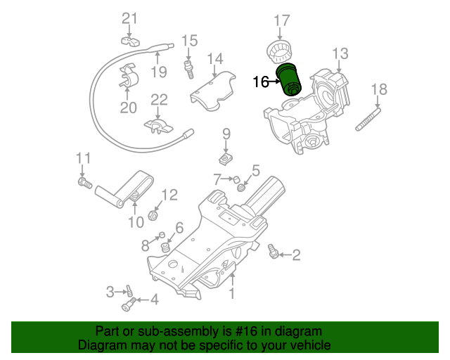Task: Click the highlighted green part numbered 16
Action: point(289,79)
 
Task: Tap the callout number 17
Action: point(281,20)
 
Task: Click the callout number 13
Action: point(340,53)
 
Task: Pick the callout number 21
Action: point(131,18)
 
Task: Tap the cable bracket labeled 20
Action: point(127,78)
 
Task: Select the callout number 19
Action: point(158,71)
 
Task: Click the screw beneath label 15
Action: point(189,69)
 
